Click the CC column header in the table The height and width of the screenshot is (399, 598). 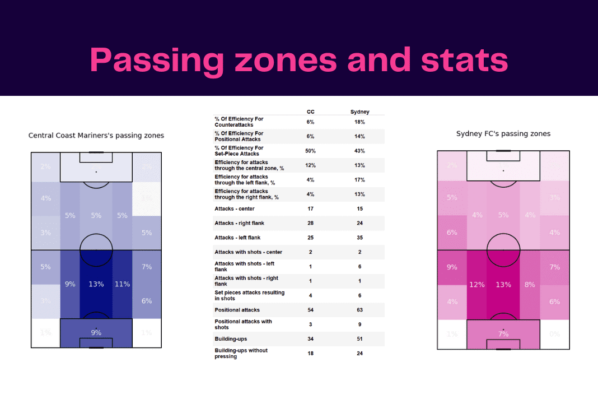coord(311,112)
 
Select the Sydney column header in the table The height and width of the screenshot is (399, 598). coord(359,112)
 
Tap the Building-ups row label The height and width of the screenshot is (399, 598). coord(231,338)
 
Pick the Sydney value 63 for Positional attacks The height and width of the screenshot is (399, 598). coord(359,310)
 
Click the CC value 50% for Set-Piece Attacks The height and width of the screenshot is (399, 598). coord(311,151)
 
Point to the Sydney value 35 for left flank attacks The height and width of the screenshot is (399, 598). coord(359,238)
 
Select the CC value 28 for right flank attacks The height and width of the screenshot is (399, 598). coord(311,223)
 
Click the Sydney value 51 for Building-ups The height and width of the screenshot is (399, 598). coord(359,338)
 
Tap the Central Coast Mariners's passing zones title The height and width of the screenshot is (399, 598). coord(96,136)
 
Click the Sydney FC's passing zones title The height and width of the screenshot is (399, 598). coord(503,133)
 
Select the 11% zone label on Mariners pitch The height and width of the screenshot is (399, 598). coord(122,284)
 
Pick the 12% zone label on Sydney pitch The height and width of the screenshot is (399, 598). coord(476,284)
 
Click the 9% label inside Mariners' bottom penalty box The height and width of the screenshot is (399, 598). coord(96,332)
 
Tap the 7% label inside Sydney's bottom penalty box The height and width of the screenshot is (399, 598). coord(503,334)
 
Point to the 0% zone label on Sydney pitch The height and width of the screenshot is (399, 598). coord(555,334)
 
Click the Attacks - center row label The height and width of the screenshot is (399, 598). coord(235,208)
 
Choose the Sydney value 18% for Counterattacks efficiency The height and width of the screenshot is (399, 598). coord(359,122)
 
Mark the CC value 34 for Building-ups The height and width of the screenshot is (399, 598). coord(311,338)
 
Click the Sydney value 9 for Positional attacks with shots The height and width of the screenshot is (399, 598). coord(359,324)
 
